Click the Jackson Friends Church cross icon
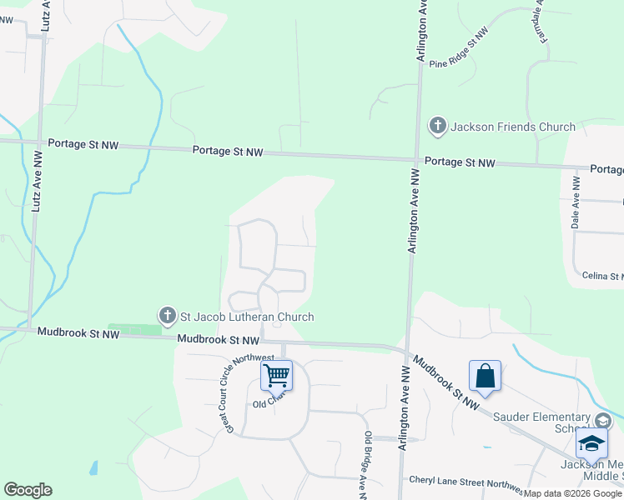(x=437, y=127)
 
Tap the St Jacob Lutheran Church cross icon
(x=167, y=316)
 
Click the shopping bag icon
(x=485, y=375)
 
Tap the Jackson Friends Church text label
(x=513, y=127)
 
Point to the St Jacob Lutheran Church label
(x=247, y=317)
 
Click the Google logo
(x=28, y=490)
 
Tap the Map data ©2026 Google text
(x=572, y=493)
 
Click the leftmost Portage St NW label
(x=83, y=145)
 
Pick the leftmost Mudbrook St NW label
(x=78, y=333)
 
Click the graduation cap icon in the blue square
(x=591, y=442)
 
